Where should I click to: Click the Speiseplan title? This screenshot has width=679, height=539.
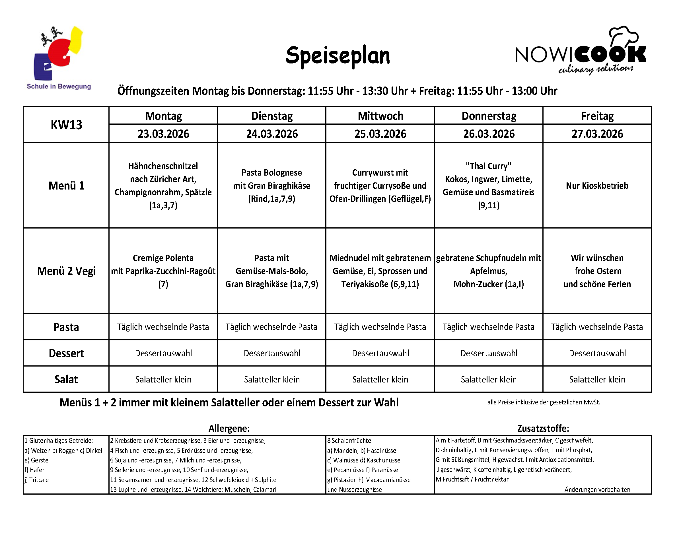coord(337,56)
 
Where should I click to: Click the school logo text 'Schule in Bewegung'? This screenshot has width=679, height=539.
coord(59,86)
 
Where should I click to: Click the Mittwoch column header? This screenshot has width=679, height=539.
coord(380,116)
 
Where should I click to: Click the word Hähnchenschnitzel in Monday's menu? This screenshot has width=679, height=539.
coord(163,166)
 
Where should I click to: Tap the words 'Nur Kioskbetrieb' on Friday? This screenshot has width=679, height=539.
coord(597,186)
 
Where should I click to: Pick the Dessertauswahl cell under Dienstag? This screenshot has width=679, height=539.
coord(272,353)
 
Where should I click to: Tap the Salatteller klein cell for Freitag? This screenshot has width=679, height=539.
coord(597,379)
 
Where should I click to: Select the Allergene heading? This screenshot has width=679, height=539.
coord(229,428)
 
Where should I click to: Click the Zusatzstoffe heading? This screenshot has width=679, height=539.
coord(543,428)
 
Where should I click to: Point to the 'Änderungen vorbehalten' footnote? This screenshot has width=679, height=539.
coord(597,489)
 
